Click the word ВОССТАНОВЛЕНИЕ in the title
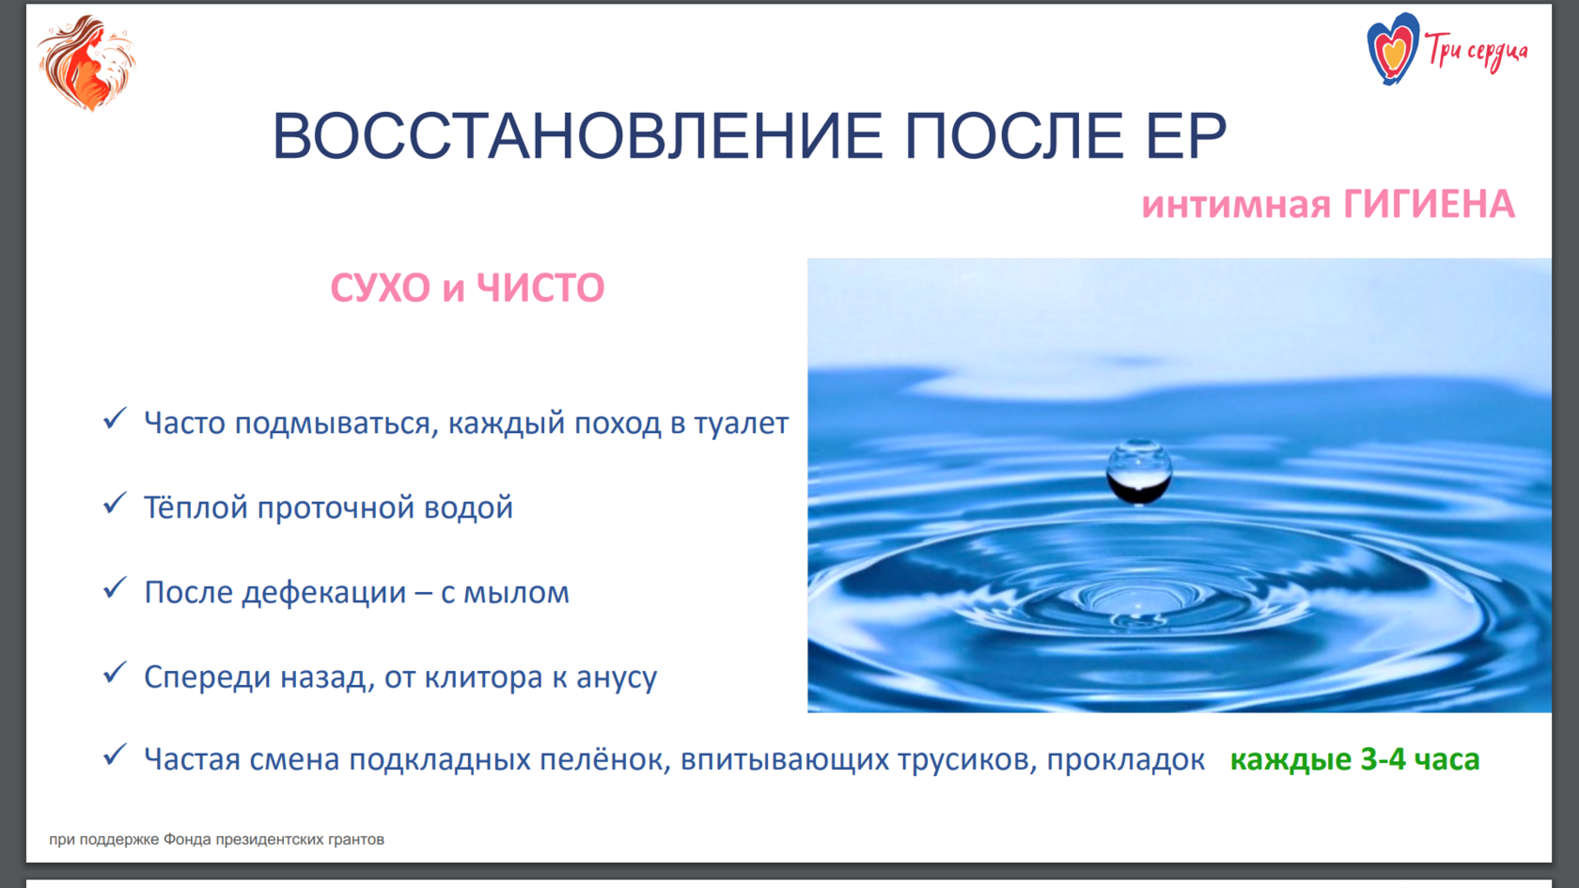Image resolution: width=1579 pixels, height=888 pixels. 577,135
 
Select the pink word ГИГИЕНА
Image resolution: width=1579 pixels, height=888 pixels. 1429,205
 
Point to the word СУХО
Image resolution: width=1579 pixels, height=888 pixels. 380,288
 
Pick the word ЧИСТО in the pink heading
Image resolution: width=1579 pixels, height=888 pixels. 540,288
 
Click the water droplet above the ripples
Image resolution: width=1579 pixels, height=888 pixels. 1139,472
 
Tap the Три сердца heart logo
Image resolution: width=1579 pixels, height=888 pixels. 1392,49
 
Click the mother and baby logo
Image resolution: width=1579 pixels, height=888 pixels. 86,62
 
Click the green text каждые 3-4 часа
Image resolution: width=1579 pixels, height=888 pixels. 1355,759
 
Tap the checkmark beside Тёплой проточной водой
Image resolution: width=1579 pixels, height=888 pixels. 115,504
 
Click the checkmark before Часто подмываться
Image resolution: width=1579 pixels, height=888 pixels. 115,419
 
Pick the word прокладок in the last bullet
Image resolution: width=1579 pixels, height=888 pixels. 1126,759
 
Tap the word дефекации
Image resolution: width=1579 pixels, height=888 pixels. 324,592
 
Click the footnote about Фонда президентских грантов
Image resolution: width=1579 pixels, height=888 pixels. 216,839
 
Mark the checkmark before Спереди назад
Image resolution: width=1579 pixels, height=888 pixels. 115,673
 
